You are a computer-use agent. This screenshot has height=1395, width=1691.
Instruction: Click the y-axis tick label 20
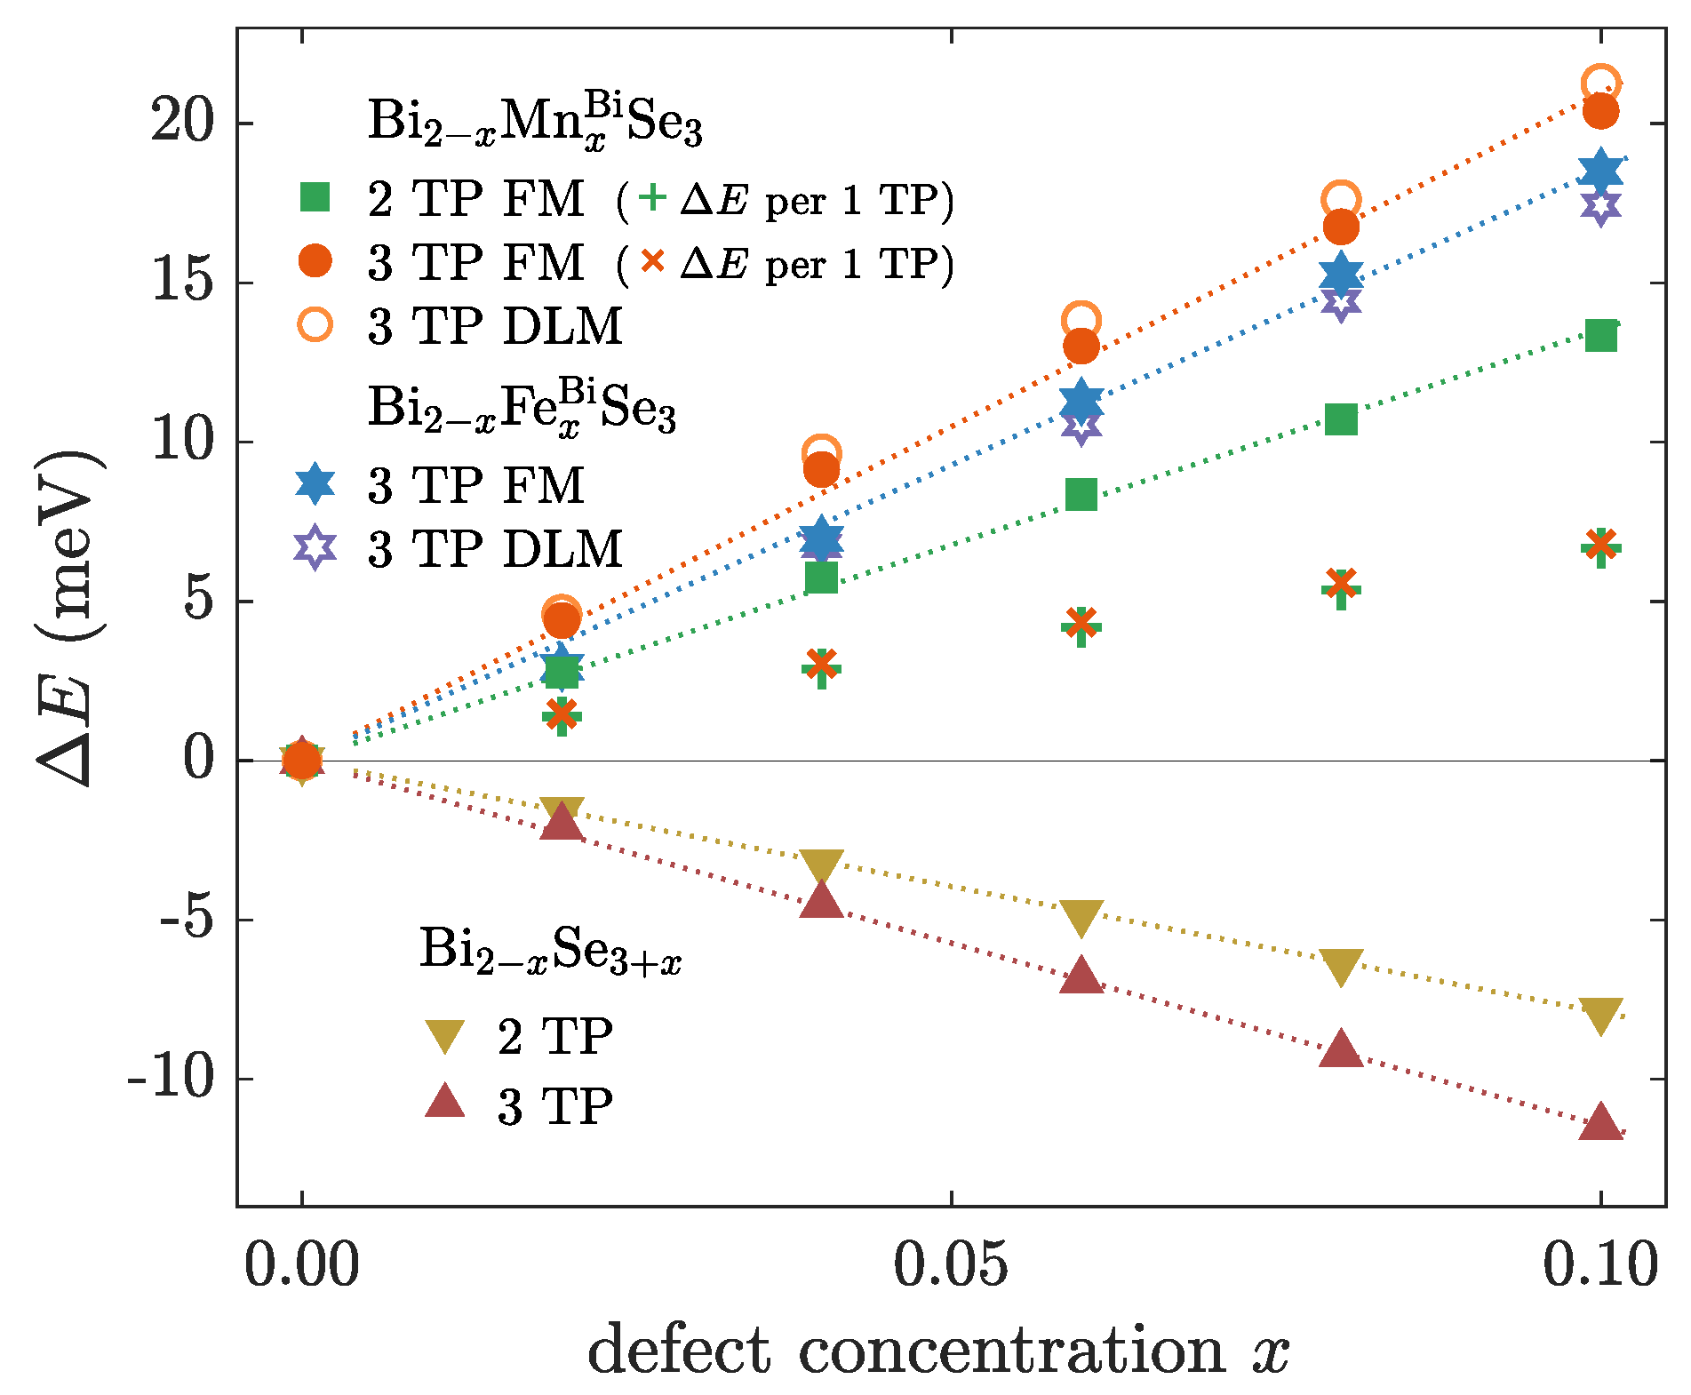point(183,122)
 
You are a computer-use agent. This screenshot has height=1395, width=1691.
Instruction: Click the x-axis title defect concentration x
point(937,1351)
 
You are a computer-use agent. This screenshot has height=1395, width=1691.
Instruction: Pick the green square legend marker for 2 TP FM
point(315,197)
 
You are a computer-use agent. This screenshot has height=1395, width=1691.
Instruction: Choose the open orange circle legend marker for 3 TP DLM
point(315,325)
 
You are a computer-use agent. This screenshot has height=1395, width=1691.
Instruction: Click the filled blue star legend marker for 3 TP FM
point(315,483)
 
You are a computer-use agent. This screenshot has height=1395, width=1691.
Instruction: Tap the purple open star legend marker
point(315,547)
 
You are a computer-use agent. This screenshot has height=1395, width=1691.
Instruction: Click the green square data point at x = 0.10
point(1600,336)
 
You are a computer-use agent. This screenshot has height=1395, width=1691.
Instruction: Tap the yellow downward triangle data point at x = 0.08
point(1341,967)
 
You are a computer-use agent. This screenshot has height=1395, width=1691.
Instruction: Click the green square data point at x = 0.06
point(1081,494)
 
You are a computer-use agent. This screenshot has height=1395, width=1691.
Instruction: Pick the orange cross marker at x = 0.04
point(821,663)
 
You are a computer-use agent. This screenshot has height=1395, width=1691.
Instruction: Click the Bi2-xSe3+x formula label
point(550,951)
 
